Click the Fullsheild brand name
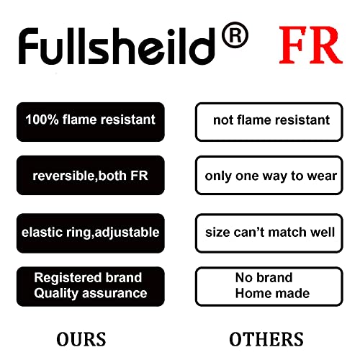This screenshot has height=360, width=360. (117, 46)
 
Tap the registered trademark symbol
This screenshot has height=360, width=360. (235, 35)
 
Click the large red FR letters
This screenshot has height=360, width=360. (311, 45)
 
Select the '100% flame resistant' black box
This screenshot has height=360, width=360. (91, 122)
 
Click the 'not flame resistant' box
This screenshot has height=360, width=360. (269, 122)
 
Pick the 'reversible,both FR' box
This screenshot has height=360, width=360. (91, 175)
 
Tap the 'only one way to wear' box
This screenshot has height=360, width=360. (269, 175)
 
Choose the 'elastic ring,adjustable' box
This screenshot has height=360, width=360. (91, 233)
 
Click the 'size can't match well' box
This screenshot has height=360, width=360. (269, 233)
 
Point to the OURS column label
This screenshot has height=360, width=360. (81, 339)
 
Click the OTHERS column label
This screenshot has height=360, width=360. (266, 339)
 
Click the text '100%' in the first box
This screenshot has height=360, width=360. (42, 120)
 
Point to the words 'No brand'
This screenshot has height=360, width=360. (264, 278)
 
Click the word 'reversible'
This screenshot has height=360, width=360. (64, 176)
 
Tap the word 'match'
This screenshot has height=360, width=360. (287, 233)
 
